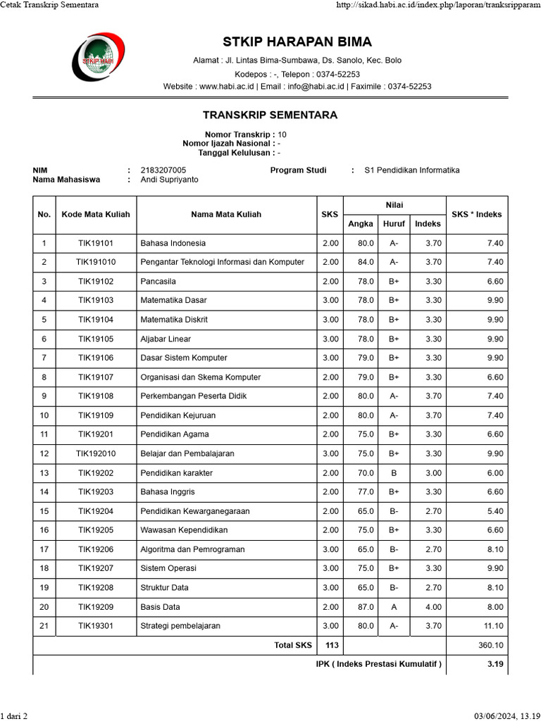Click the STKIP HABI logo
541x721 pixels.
point(98,59)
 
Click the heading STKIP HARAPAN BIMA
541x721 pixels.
point(297,42)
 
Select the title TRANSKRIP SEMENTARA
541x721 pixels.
point(270,115)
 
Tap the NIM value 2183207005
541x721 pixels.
point(163,170)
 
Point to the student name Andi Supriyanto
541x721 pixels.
point(170,180)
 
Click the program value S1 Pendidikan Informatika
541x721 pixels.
point(411,170)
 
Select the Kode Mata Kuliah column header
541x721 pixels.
point(96,214)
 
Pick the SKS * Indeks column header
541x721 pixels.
point(476,214)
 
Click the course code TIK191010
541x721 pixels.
point(96,262)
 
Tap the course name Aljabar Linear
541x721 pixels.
point(166,339)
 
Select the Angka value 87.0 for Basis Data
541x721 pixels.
point(366,606)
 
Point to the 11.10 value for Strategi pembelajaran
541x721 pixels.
point(493,625)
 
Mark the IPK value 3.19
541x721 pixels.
point(495,664)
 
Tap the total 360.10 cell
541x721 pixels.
point(490,644)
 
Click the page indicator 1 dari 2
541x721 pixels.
point(14,716)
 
